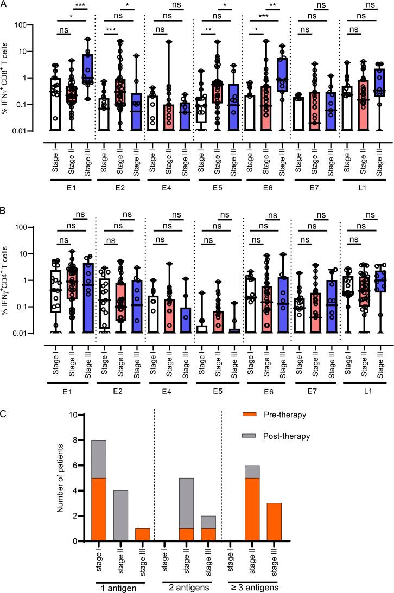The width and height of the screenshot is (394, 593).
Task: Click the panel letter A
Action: [5, 5]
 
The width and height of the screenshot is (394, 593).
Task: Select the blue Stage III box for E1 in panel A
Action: [87, 68]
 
